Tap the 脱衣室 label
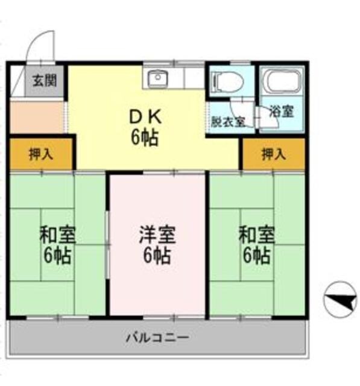[227, 121]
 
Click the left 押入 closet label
[41, 154]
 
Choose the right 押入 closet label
[273, 154]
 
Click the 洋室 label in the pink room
[157, 235]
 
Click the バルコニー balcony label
[157, 336]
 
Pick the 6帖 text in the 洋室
[157, 256]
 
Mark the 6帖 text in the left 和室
[57, 255]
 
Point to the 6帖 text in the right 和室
[256, 255]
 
